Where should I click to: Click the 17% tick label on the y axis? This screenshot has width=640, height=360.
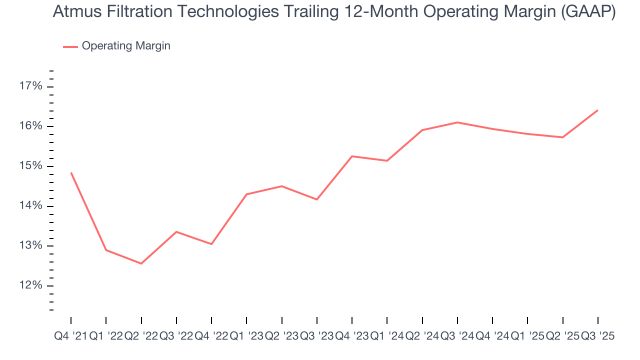click(30, 86)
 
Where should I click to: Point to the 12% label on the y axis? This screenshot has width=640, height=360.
click(30, 285)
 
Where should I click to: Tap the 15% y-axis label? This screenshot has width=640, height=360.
click(30, 166)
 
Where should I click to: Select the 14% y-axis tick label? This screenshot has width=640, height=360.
click(30, 206)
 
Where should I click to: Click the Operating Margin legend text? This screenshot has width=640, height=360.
click(126, 46)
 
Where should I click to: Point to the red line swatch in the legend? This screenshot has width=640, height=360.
click(70, 46)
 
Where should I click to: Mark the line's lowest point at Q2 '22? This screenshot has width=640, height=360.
click(141, 263)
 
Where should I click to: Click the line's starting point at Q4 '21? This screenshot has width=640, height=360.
click(71, 172)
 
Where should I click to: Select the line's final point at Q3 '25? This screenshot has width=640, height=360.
click(597, 110)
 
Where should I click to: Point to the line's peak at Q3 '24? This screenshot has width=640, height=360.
click(457, 122)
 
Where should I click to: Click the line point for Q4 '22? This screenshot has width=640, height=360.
click(211, 244)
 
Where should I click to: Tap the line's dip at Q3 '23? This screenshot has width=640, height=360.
click(317, 199)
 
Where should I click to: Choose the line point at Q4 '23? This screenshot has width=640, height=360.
click(352, 156)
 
